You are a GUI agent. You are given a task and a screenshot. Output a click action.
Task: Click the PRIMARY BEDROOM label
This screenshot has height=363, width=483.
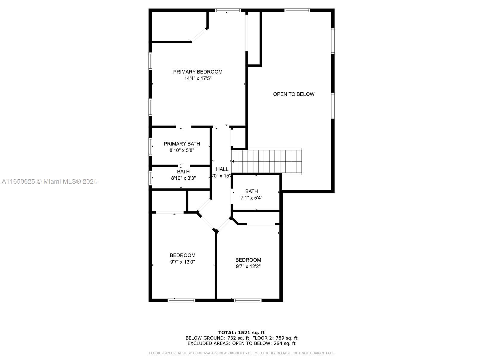198,72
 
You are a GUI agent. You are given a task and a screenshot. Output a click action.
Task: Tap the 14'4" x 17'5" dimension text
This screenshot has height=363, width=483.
198,78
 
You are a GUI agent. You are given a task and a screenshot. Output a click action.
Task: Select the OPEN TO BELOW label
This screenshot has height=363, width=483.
294,94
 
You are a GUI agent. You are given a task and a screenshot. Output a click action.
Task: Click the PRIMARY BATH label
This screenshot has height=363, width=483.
182,144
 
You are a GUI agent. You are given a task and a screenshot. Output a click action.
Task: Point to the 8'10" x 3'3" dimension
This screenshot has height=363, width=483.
183,178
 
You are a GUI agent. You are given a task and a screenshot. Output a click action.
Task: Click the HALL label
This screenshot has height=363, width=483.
222,169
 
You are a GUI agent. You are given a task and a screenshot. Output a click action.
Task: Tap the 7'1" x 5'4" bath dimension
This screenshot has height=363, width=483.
251,198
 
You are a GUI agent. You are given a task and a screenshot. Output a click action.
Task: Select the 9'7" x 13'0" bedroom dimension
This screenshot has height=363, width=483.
182,262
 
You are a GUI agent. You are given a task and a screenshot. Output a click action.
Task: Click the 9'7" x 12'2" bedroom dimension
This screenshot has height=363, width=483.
248,267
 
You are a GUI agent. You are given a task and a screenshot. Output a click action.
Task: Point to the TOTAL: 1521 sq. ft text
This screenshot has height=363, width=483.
241,332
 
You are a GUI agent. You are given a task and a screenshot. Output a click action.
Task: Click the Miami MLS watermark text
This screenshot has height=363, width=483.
50,181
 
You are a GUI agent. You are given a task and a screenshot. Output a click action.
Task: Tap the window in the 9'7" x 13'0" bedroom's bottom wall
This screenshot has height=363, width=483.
181,300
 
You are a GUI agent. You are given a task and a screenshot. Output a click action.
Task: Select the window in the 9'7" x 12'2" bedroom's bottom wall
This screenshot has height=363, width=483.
248,300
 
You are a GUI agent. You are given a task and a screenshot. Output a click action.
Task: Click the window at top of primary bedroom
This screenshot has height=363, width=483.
228,10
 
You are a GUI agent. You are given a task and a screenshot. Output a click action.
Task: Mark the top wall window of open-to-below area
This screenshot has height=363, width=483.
297,10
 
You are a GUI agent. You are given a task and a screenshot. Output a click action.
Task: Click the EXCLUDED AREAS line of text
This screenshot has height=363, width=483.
241,343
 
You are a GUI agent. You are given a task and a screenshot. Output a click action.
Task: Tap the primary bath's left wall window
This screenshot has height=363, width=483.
150,147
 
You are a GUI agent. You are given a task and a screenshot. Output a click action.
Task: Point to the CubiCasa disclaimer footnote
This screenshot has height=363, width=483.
241,353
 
